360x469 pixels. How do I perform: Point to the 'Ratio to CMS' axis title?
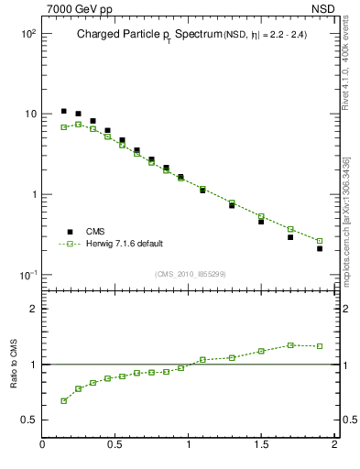14,365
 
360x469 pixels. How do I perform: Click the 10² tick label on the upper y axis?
27,33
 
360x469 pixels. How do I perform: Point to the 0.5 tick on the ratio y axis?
29,420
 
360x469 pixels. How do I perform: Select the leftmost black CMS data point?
63,111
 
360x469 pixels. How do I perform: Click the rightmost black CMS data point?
320,248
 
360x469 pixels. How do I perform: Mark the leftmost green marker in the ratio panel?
63,400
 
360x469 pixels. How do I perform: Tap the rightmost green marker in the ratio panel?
320,346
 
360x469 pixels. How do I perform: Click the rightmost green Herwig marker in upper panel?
320,241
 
